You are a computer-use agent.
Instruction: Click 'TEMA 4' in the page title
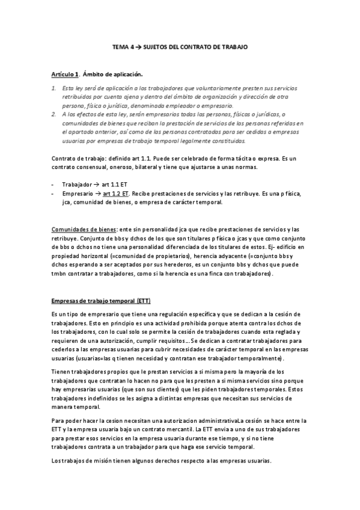point(123,46)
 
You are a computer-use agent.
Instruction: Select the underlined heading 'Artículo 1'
point(64,74)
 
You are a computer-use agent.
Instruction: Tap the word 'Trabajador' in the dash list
point(76,183)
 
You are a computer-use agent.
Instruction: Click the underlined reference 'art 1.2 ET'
point(116,194)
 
